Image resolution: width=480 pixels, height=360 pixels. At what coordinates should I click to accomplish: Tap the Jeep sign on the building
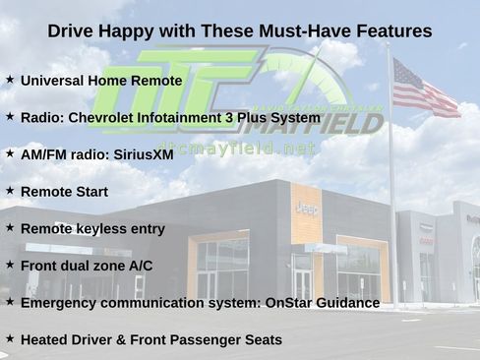(306, 207)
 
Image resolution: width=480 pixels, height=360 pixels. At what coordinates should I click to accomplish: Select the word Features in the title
(383, 31)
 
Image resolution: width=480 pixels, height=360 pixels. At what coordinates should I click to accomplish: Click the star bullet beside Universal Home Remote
(10, 80)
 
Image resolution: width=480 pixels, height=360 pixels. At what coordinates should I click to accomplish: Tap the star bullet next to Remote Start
(10, 190)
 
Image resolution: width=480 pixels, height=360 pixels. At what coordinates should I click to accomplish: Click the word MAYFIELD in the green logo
(315, 123)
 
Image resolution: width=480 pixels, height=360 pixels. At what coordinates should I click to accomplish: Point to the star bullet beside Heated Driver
(10, 338)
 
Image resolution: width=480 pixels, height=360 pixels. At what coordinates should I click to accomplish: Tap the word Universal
(52, 81)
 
